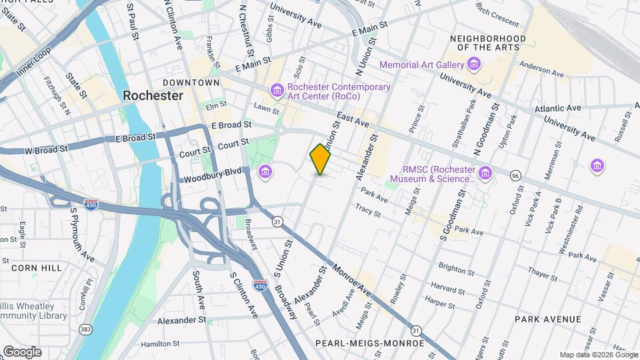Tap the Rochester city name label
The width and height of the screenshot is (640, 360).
153,96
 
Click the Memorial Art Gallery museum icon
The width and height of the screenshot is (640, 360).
474,64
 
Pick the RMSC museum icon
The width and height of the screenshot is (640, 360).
485,173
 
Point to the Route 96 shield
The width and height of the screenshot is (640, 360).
515,175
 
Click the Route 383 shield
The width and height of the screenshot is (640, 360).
85,329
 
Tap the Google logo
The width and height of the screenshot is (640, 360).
22,351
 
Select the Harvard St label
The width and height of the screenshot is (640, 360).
447,288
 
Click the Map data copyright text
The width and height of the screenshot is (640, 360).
597,355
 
